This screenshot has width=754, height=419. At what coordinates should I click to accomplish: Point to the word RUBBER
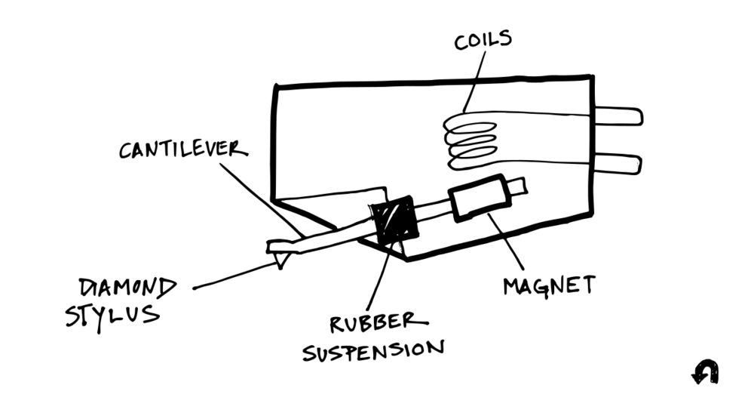372,322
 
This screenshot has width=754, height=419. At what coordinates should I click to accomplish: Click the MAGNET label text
548,285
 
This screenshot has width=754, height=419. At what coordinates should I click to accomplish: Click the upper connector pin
618,116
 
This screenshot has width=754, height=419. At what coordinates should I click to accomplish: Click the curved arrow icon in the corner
706,371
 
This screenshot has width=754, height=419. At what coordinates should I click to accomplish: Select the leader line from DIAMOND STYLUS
234,276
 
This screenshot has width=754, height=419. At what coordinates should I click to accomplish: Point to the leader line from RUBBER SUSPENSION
380,279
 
